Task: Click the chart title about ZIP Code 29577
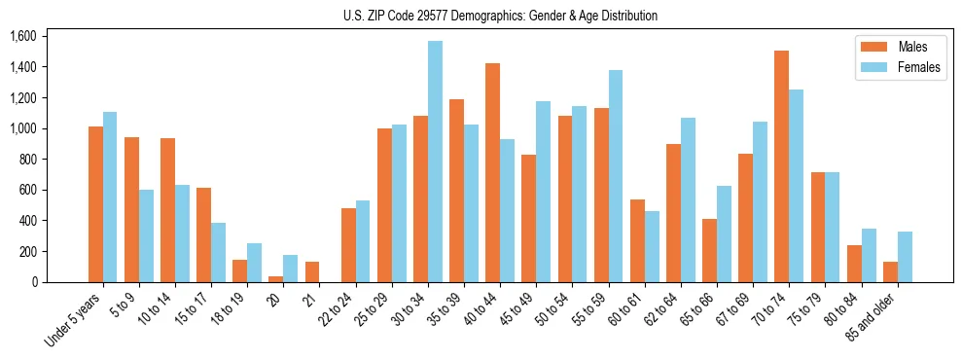click(500, 16)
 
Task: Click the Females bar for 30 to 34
click(435, 162)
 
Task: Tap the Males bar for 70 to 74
click(781, 166)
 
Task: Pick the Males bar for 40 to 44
click(492, 172)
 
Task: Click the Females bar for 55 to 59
click(616, 176)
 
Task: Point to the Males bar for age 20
click(275, 279)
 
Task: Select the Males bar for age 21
click(311, 272)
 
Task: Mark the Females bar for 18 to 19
click(254, 263)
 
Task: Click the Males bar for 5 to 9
click(131, 209)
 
